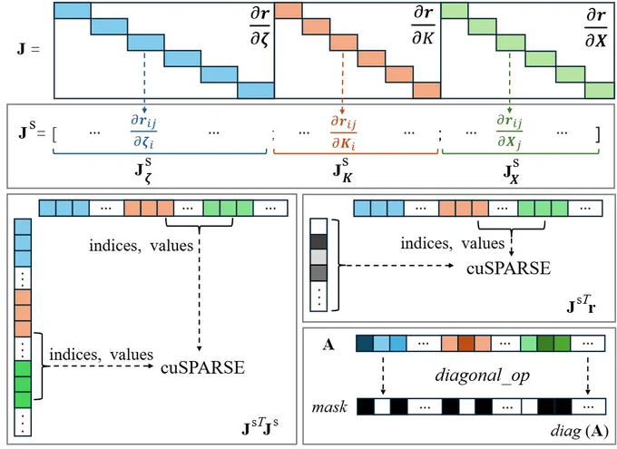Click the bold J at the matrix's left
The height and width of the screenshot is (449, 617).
pyautogui.click(x=21, y=49)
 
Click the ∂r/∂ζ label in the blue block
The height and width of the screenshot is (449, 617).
pyautogui.click(x=260, y=27)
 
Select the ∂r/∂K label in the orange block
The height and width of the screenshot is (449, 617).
pyautogui.click(x=423, y=25)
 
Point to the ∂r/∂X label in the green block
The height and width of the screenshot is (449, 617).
pyautogui.click(x=596, y=27)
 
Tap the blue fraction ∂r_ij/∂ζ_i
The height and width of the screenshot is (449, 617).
pyautogui.click(x=143, y=132)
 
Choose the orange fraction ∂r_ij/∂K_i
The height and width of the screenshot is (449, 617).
pyautogui.click(x=343, y=132)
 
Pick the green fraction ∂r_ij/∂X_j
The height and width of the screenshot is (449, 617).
pyautogui.click(x=510, y=132)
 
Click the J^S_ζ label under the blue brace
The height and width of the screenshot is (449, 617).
pyautogui.click(x=143, y=171)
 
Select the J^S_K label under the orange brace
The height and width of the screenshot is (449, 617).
pyautogui.click(x=341, y=171)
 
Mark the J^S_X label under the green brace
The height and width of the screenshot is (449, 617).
pyautogui.click(x=511, y=171)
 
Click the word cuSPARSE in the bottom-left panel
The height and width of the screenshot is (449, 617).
pyautogui.click(x=202, y=367)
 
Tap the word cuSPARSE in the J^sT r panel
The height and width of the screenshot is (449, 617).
pyautogui.click(x=508, y=268)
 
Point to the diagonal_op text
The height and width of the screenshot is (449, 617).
pyautogui.click(x=482, y=376)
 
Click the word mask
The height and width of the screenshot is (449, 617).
pyautogui.click(x=329, y=407)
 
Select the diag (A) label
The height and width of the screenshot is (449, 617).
pyautogui.click(x=580, y=432)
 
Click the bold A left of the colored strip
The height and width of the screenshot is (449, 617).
pyautogui.click(x=328, y=345)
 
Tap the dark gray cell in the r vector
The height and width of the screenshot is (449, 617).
pyautogui.click(x=318, y=241)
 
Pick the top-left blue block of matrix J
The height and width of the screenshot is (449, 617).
pyautogui.click(x=73, y=11)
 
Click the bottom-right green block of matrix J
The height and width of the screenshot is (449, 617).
pyautogui.click(x=599, y=90)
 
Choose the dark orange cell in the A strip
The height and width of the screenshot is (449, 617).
pyautogui.click(x=465, y=344)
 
